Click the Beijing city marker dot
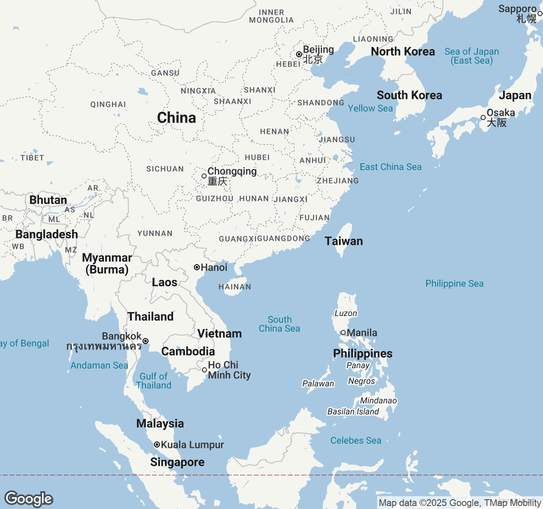tap(299, 54)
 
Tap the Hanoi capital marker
tap(197, 267)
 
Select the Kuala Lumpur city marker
tap(157, 445)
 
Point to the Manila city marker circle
tap(343, 333)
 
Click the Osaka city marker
tap(483, 117)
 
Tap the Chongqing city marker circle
tap(204, 176)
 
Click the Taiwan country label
tap(344, 241)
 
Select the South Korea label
tap(409, 95)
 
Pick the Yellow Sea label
tap(370, 109)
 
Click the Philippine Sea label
tap(454, 284)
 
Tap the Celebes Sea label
tap(355, 441)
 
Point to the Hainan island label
tap(235, 287)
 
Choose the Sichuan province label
tap(165, 169)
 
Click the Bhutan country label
tap(48, 200)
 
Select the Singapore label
tap(177, 462)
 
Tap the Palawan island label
tap(318, 384)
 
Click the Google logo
tap(29, 499)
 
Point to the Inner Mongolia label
tap(271, 17)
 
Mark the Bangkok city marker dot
tap(146, 341)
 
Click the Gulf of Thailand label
tap(154, 381)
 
